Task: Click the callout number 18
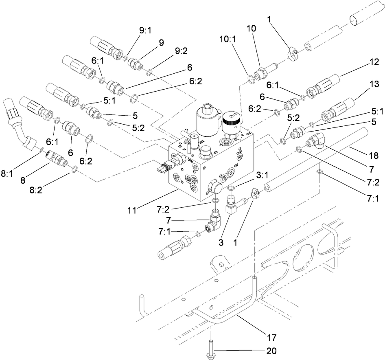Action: tap(374, 155)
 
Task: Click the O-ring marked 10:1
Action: tap(252, 78)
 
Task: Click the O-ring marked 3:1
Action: tap(231, 189)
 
